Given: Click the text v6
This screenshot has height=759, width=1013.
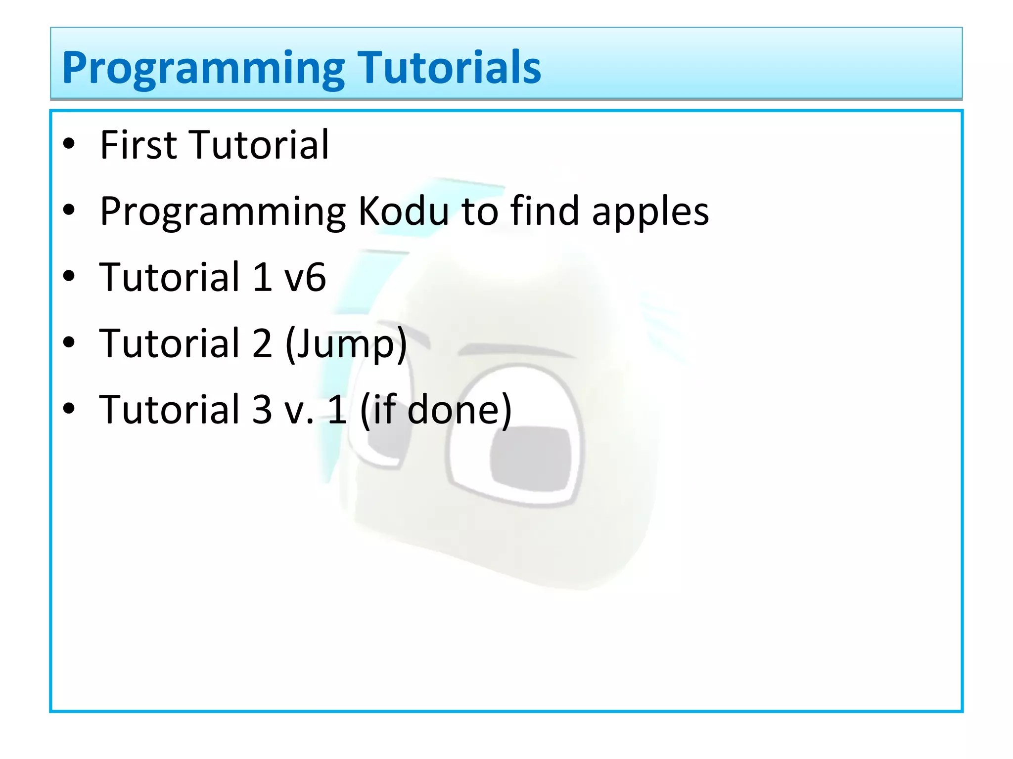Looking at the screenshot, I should (305, 278).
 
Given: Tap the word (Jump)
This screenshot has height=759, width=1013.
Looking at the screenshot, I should (346, 344).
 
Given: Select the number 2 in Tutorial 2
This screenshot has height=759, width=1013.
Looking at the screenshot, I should (262, 344).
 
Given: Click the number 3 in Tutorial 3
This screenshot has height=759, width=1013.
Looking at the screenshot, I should (262, 410).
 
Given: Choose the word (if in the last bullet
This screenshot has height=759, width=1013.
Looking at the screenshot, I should (378, 410).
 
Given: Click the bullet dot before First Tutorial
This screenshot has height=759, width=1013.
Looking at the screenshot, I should (69, 144).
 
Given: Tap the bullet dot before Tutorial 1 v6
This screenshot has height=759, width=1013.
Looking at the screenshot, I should (69, 276).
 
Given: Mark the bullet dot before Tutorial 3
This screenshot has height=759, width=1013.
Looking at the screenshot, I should (69, 409).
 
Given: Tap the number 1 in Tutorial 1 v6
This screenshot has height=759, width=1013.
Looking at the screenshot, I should (262, 278).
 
